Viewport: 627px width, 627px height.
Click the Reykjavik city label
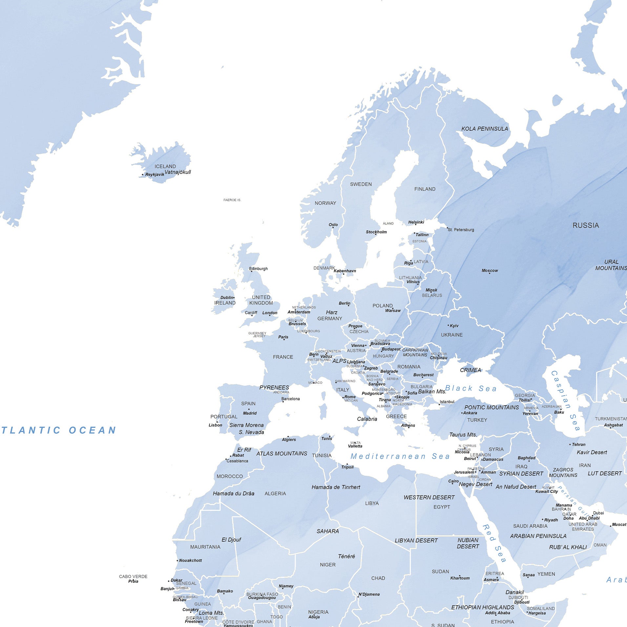(x=155, y=175)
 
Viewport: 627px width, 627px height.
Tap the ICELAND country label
(x=165, y=166)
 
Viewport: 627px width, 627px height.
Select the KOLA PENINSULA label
(x=484, y=129)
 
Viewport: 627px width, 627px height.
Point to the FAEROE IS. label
(x=232, y=200)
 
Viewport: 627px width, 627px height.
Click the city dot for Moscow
(x=490, y=273)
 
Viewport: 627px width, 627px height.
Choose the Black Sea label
(x=471, y=388)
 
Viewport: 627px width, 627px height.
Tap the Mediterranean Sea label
(x=400, y=456)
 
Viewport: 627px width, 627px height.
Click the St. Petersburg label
(x=461, y=230)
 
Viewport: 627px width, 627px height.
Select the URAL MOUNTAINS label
(x=611, y=265)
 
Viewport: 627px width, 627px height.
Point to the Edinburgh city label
(x=258, y=269)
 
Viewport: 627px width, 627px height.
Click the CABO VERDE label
(x=133, y=576)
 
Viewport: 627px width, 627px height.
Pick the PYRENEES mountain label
(x=274, y=387)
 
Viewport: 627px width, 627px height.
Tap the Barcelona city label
(x=290, y=399)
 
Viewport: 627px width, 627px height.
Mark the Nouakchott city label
(x=190, y=560)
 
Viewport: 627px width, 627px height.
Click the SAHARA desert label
(x=327, y=531)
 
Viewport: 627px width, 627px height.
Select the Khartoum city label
(x=460, y=578)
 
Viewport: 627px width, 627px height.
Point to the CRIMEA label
(x=470, y=370)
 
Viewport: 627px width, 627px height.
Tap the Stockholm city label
(x=376, y=232)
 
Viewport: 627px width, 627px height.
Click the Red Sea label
(x=494, y=543)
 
